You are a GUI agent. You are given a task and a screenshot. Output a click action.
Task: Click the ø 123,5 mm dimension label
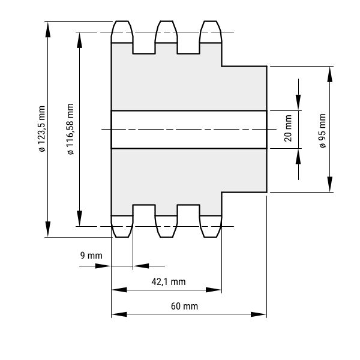(42, 129)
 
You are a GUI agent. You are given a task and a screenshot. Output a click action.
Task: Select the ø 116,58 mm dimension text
(70, 129)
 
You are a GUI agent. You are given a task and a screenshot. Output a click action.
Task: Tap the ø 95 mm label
(323, 131)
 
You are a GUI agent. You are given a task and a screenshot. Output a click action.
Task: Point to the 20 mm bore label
(288, 128)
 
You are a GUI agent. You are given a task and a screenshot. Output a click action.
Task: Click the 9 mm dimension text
(91, 256)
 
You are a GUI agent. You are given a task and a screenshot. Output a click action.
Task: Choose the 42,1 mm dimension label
(169, 282)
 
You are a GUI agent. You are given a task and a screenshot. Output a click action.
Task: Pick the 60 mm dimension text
(184, 306)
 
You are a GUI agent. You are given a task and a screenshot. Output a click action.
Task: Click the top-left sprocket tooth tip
(122, 22)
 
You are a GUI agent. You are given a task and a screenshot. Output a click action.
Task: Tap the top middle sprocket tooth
(166, 32)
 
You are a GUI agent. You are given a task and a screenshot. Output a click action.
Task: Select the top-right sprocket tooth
(211, 32)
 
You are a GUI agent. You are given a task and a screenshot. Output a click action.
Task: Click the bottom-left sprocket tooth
(122, 226)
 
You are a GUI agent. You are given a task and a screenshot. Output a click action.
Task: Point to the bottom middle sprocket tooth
(166, 226)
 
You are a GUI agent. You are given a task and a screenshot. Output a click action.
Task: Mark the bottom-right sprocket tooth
(211, 226)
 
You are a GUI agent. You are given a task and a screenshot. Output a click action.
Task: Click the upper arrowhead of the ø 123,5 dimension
(48, 29)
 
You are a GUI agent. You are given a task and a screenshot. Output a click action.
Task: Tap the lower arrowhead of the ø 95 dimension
(329, 184)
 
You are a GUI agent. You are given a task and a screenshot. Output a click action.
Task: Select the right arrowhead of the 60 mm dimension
(258, 314)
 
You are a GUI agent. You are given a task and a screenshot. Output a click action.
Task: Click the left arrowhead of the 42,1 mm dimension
(119, 290)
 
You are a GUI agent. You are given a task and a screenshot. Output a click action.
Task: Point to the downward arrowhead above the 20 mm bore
(298, 102)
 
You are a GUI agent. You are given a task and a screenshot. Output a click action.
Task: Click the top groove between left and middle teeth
(144, 49)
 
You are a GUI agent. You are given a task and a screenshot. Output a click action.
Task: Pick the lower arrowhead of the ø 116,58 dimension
(79, 218)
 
